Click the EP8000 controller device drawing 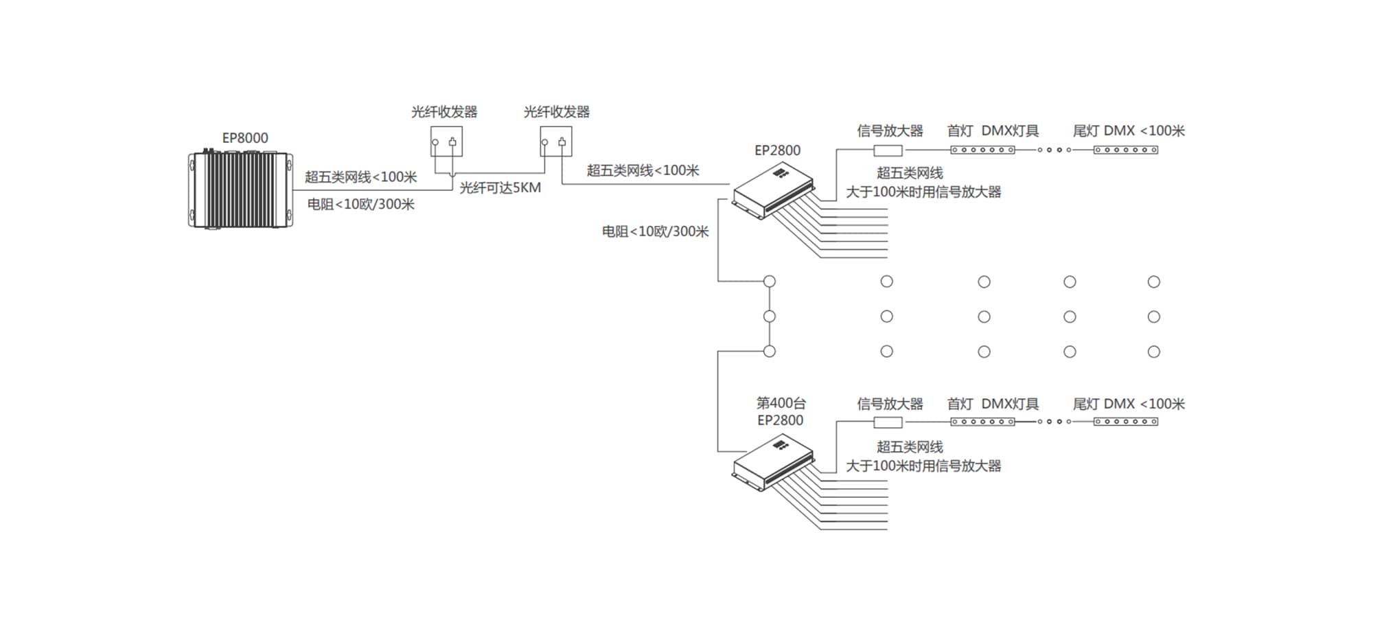[240, 190]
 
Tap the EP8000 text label [245, 138]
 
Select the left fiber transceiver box [446, 141]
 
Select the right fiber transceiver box [556, 141]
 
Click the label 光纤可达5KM [500, 187]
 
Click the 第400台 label [781, 403]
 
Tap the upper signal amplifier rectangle [888, 150]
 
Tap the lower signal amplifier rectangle [888, 422]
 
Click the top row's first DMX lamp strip [982, 150]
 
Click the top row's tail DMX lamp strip [1126, 150]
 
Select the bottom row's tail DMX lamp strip [1126, 422]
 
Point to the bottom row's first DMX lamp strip [982, 422]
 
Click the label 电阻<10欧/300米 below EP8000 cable [360, 204]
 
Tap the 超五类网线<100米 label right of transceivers [643, 170]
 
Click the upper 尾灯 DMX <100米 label [1129, 130]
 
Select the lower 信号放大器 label [890, 404]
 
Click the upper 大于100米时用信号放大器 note [923, 192]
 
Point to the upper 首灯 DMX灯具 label [993, 130]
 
